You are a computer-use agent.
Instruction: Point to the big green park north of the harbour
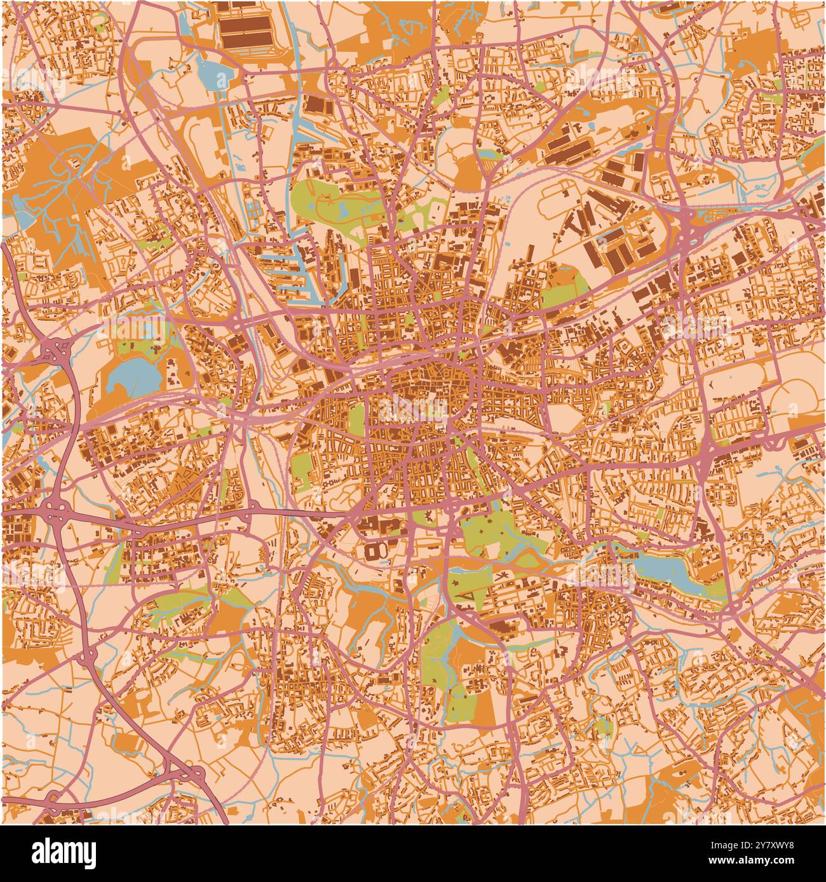(330, 203)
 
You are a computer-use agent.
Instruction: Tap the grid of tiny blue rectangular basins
(254, 210)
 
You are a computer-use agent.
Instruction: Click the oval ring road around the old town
(432, 381)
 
